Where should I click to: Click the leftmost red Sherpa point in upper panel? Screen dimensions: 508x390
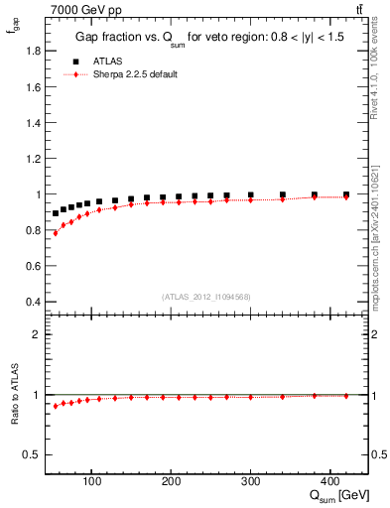pyautogui.click(x=56, y=232)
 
